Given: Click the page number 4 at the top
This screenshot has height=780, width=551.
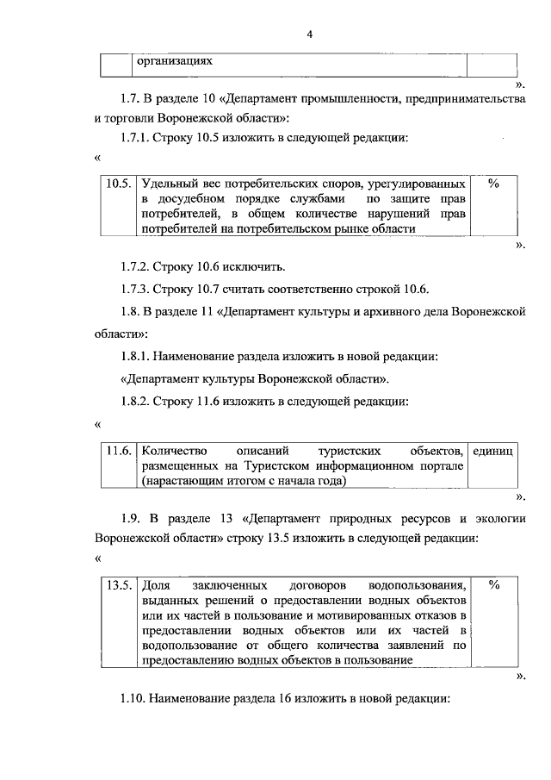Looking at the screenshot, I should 309,34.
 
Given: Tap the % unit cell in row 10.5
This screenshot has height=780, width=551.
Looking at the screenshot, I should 494,184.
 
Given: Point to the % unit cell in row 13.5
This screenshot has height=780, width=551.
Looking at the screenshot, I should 494,583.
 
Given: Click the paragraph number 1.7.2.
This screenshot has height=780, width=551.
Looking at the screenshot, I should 139,265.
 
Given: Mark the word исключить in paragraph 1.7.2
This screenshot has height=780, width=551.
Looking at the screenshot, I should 255,265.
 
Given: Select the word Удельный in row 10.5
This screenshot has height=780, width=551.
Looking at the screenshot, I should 168,184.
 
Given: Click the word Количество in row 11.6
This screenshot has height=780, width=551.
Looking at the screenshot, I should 175,451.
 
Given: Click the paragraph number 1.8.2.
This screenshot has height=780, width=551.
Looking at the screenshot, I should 139,401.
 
